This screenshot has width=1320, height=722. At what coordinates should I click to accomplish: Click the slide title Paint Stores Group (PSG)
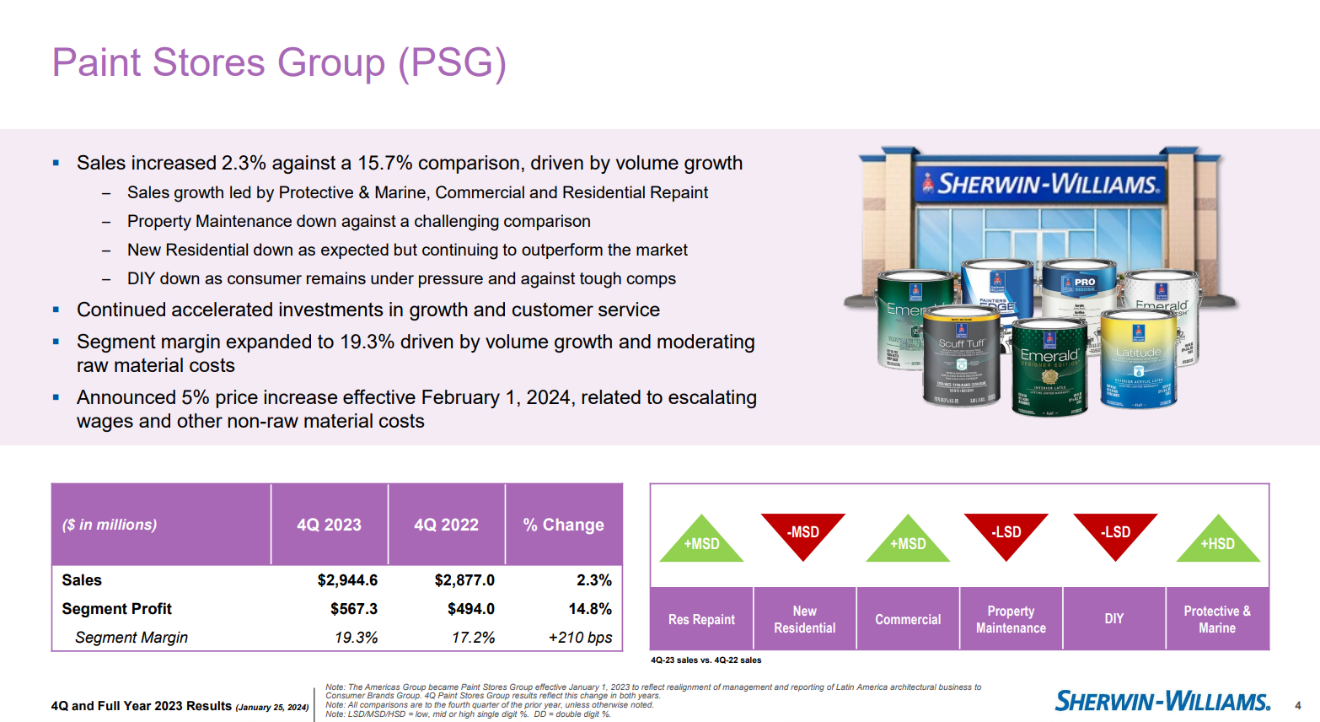point(279,63)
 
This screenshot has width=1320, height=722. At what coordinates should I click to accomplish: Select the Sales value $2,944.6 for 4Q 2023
point(347,580)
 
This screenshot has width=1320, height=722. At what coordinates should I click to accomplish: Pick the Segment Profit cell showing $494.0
point(470,609)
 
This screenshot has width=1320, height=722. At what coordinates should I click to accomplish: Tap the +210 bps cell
point(580,638)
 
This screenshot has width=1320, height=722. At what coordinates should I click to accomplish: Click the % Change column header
point(563,525)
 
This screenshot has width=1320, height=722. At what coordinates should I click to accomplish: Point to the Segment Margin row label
point(131,638)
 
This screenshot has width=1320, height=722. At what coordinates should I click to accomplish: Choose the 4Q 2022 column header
point(446,525)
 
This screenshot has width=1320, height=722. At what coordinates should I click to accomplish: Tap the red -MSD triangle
point(802,533)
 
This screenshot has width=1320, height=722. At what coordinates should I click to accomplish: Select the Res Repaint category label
point(701,619)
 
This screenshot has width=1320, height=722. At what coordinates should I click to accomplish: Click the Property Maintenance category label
point(1011,619)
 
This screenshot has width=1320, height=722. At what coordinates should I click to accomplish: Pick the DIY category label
point(1113,619)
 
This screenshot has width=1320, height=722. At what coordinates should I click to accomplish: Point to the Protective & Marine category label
point(1216,619)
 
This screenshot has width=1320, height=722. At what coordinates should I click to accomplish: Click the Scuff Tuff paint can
point(962,358)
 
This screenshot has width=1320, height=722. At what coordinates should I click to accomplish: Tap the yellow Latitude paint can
point(1139,358)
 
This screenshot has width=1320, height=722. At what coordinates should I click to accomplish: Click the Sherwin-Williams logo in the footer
point(1162,701)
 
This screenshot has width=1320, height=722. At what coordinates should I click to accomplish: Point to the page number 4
point(1298,705)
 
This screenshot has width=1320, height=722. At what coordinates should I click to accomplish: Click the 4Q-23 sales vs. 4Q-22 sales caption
point(706,660)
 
